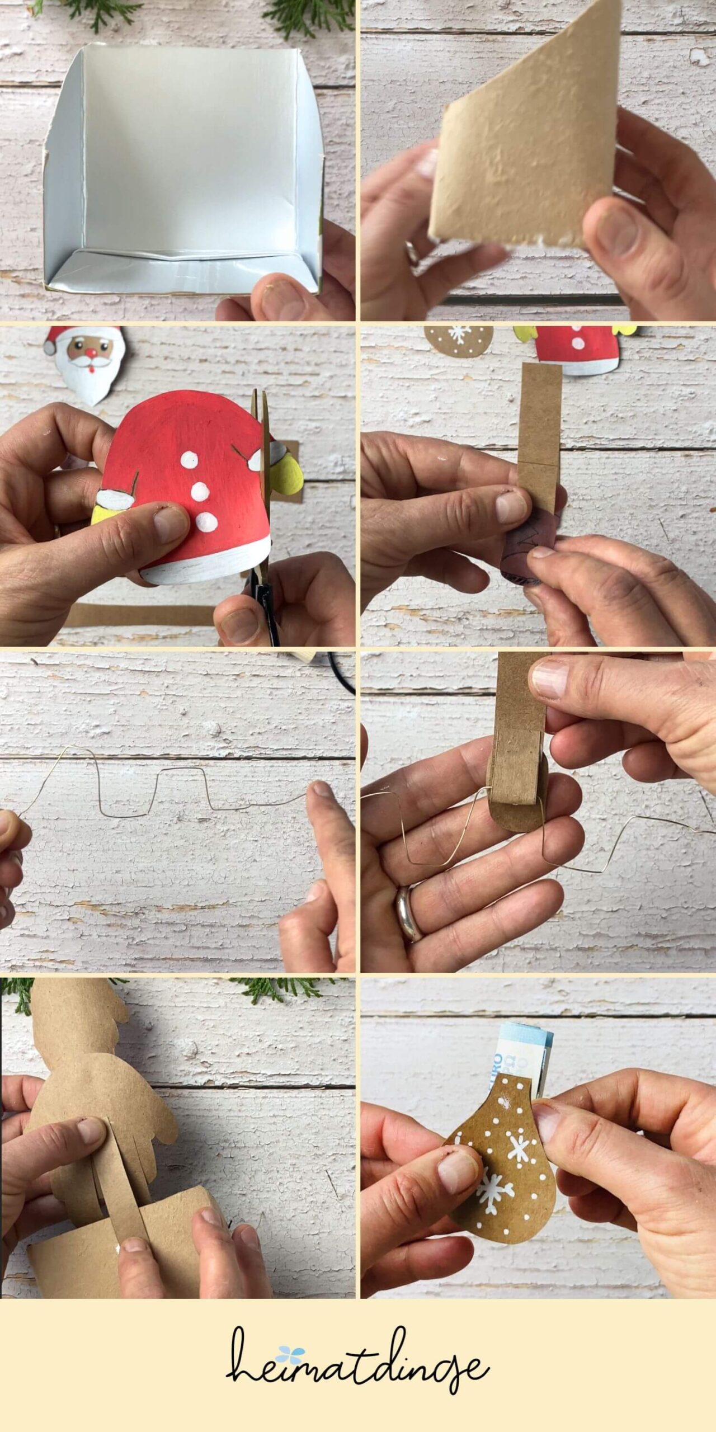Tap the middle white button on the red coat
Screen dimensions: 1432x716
coord(200,492)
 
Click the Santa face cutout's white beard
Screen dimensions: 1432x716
coord(92,380)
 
